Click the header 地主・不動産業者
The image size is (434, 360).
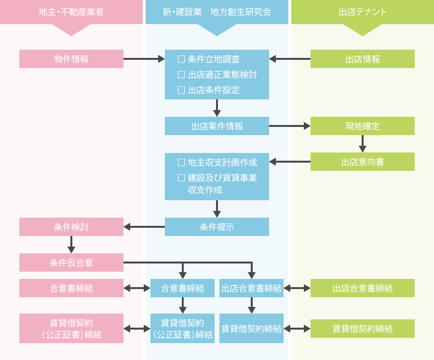coord(71,12)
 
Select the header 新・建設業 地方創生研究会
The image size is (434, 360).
coord(217,12)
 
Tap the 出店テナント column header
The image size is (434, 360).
coord(363,12)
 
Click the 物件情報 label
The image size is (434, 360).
coord(71,59)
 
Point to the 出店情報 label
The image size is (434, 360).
coord(363,59)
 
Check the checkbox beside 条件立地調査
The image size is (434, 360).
coord(181,59)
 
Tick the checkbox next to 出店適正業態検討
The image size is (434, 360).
coord(181,74)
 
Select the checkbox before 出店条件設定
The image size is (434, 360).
coord(181,90)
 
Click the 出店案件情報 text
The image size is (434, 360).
coord(217,126)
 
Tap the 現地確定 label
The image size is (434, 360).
coord(363,126)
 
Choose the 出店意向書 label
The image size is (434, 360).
coord(363,162)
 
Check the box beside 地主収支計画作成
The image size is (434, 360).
coord(181,162)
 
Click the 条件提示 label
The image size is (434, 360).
coord(217,227)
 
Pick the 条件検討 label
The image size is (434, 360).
coord(71,227)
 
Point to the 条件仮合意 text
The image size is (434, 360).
coord(71,263)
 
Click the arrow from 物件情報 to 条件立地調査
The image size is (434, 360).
coord(144,59)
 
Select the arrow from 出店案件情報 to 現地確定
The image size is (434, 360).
coord(290,126)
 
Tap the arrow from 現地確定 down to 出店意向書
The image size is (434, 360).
coord(363,144)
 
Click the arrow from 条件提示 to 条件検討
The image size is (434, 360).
coord(144,227)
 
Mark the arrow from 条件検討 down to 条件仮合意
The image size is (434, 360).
coord(71,245)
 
